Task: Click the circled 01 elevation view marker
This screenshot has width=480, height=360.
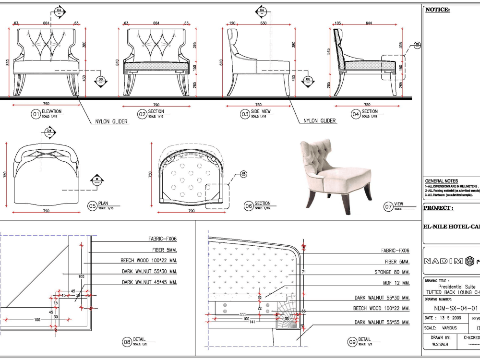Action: [36, 114]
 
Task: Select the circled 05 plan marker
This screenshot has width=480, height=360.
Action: [92, 206]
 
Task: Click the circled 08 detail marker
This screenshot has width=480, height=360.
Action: [127, 342]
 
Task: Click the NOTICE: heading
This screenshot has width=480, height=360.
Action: [437, 10]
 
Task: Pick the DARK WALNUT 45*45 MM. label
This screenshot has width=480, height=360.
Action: [149, 282]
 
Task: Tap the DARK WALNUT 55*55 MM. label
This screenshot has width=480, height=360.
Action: [382, 322]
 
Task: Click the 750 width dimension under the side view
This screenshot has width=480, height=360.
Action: [258, 105]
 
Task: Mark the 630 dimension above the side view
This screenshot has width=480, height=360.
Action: [264, 23]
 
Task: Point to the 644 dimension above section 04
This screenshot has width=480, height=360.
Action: [369, 23]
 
